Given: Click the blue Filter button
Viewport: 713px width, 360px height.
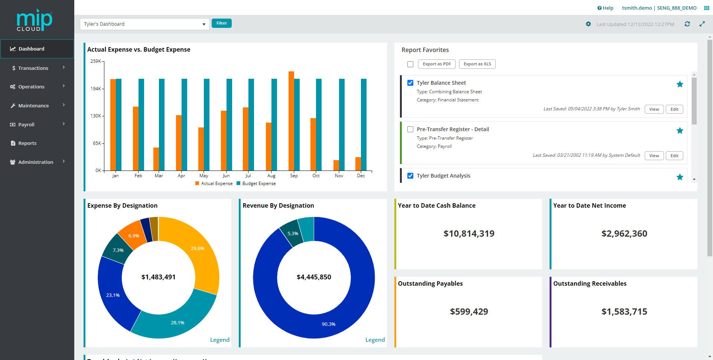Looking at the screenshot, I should click(221, 23).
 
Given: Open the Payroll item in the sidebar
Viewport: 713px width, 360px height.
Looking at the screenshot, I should click(26, 124).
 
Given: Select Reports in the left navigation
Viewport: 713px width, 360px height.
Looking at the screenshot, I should click(27, 143).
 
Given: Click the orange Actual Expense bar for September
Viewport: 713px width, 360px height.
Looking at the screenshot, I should click(291, 121).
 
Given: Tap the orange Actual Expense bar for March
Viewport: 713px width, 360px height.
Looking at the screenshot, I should click(156, 159).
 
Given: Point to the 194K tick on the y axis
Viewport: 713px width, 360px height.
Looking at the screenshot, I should click(96, 88).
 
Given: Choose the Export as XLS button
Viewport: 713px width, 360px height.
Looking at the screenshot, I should click(477, 64).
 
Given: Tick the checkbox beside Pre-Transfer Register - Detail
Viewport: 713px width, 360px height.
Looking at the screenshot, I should click(410, 129).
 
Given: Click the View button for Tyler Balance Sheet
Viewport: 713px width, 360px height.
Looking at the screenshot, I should click(654, 109).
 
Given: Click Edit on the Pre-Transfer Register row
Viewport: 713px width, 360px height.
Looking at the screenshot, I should click(674, 156).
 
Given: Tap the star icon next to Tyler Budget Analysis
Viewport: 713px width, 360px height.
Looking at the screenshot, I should click(680, 177).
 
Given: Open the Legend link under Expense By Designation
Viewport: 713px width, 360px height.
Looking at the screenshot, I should click(219, 340).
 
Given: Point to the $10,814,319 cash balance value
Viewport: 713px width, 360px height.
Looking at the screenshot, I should click(469, 233).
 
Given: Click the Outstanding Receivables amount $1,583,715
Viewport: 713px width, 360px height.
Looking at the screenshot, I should click(624, 311).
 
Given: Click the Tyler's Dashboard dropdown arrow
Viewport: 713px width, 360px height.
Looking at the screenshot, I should click(204, 24).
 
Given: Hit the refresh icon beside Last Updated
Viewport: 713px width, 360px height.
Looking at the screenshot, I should click(687, 24).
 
